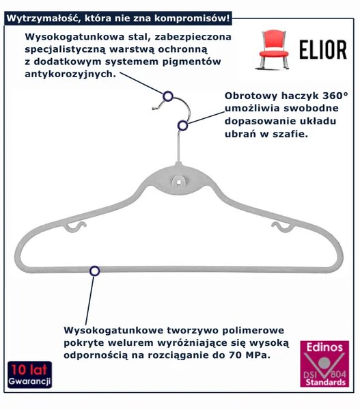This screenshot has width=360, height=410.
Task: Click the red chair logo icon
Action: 273,49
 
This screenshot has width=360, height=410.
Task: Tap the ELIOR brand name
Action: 323,50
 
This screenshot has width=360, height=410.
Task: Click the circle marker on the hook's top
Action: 168,96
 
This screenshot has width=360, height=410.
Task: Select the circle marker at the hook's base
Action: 183,126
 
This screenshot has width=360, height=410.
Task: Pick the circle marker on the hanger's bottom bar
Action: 95,271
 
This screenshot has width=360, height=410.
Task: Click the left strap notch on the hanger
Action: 75,227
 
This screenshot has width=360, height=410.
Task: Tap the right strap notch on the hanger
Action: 283,227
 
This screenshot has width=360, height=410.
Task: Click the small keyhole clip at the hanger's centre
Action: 178,181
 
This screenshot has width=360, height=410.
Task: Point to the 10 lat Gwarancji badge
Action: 29,374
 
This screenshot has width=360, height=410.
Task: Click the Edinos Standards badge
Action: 324,364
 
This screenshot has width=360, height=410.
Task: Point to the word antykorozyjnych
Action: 70,74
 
